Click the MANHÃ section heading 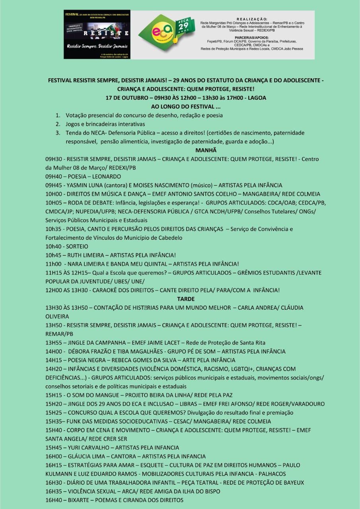pyautogui.click(x=206, y=150)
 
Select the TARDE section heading pyautogui.click(x=186, y=299)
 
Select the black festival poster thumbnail pyautogui.click(x=97, y=35)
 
